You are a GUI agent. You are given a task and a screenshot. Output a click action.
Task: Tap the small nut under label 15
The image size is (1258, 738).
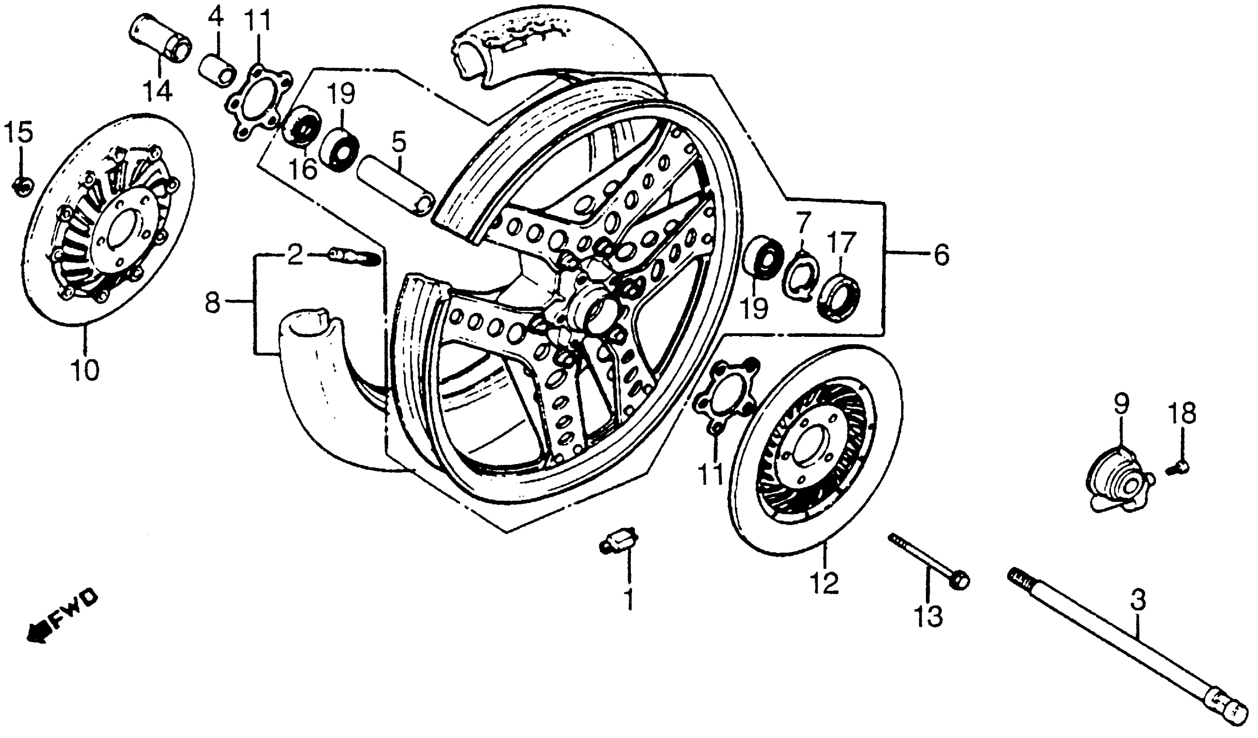(23, 186)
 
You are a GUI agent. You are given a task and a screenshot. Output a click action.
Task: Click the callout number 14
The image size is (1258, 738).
(158, 92)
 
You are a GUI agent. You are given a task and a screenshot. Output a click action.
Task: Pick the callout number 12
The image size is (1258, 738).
(825, 583)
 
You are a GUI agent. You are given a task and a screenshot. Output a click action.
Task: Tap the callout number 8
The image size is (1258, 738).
(213, 302)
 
